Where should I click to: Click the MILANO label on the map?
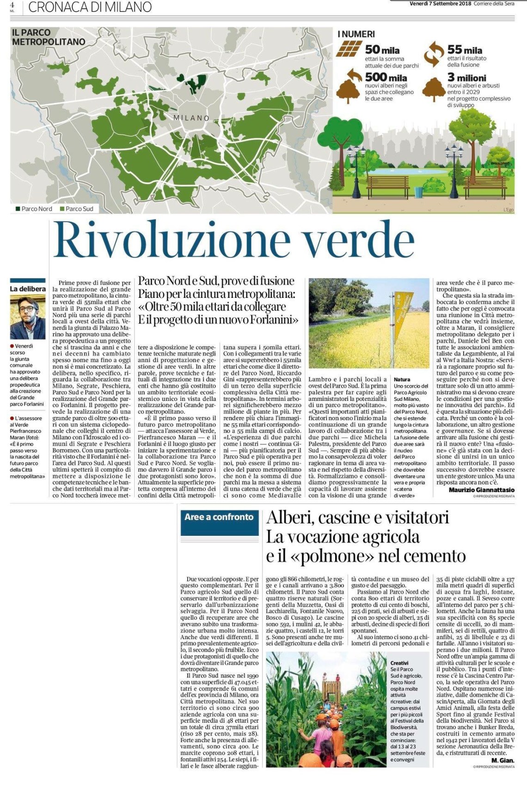(191, 118)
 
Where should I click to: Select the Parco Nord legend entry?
(34, 209)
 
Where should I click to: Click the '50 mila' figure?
(382, 49)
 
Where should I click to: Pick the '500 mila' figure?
(386, 77)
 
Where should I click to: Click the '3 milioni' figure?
(466, 78)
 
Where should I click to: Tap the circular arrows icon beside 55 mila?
(434, 52)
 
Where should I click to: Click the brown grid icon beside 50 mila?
(349, 48)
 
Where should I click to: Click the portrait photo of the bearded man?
(28, 316)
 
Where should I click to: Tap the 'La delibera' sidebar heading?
(28, 289)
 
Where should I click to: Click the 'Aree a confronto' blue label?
(219, 517)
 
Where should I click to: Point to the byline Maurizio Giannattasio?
(481, 490)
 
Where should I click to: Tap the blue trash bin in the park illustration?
(419, 191)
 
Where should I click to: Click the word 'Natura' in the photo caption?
(402, 379)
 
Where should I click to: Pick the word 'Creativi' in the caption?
(399, 663)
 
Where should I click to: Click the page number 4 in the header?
(12, 4)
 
